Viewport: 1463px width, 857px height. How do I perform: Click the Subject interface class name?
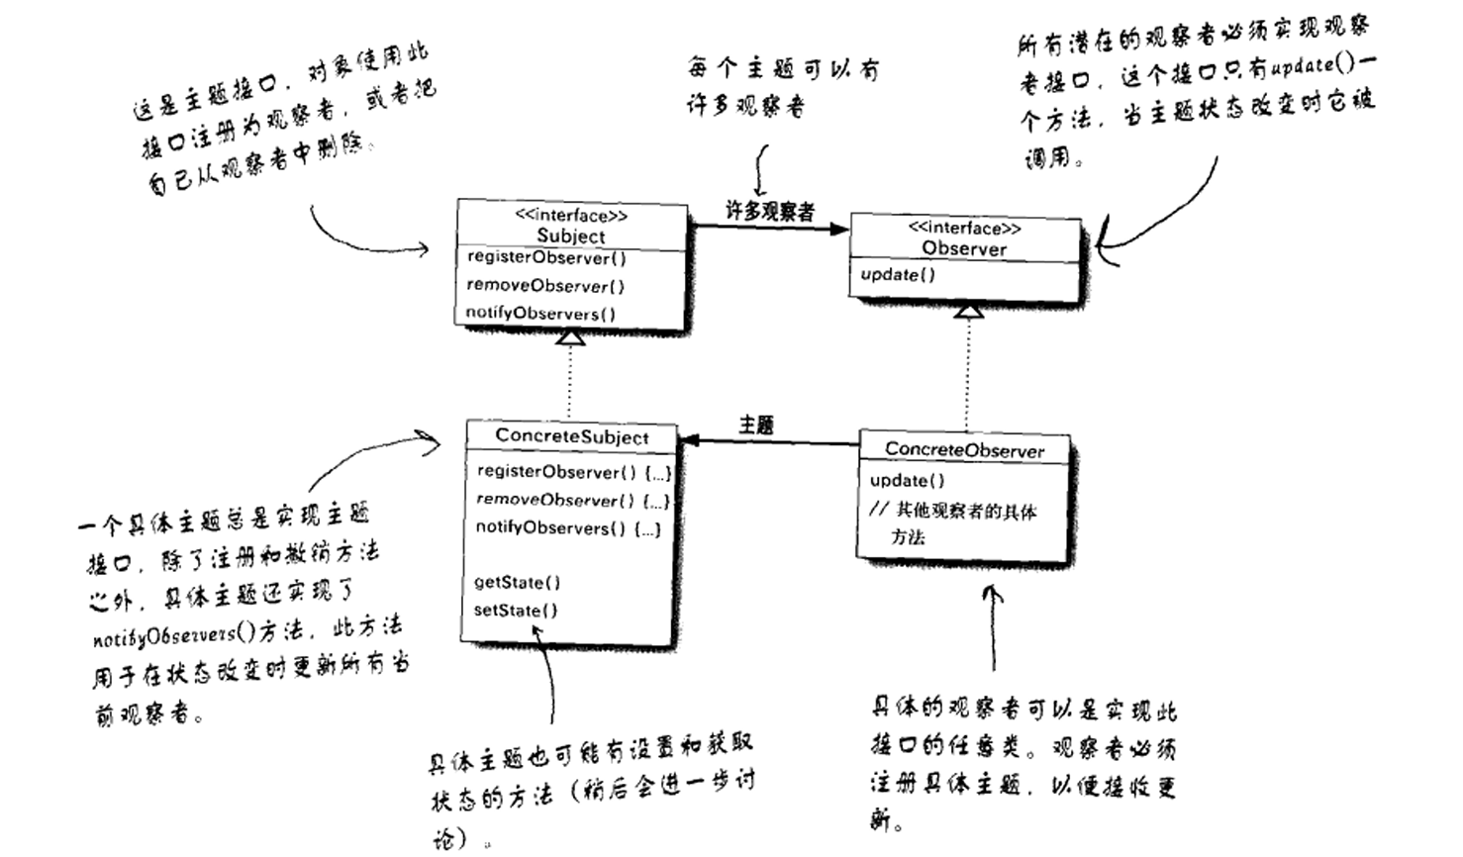click(x=571, y=236)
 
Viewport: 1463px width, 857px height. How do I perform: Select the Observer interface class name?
click(x=964, y=248)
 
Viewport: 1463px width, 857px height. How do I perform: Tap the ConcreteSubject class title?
click(x=572, y=436)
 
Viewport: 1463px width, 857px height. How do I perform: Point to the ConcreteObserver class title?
click(x=964, y=449)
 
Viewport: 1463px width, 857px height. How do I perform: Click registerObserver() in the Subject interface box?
click(x=546, y=258)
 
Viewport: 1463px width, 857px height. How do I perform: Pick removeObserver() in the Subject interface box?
click(x=545, y=286)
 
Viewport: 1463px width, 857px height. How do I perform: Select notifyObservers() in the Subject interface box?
click(x=540, y=314)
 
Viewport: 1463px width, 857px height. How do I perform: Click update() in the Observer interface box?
click(x=897, y=275)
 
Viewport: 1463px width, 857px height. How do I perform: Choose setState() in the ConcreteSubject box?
click(x=515, y=611)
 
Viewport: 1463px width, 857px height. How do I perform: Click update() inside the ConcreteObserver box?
click(x=907, y=481)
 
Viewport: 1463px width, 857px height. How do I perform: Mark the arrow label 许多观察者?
click(x=769, y=211)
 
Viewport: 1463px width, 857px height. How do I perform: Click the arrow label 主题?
click(x=756, y=425)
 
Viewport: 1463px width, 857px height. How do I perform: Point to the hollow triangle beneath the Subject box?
click(x=571, y=337)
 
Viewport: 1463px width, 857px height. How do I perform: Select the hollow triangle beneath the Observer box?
click(x=968, y=311)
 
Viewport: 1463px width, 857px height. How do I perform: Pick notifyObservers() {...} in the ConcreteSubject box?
click(x=568, y=527)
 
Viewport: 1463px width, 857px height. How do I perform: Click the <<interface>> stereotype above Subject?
click(x=571, y=215)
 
